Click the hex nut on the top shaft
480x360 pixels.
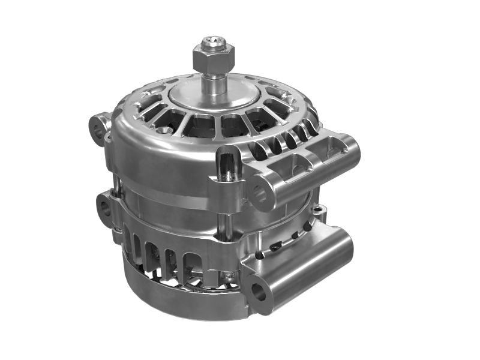click(208, 59)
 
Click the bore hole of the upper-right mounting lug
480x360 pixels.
click(260, 193)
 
